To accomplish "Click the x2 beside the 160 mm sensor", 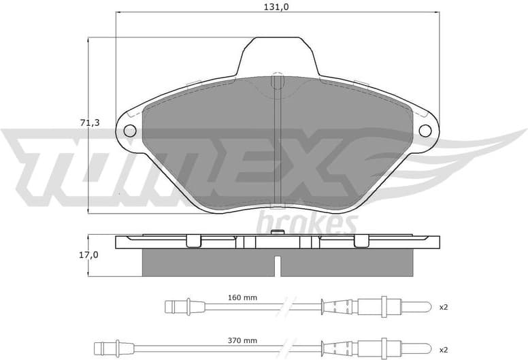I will click(x=443, y=308).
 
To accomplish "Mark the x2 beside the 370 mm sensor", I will click(x=443, y=349).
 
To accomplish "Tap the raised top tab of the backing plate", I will click(x=278, y=54).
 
